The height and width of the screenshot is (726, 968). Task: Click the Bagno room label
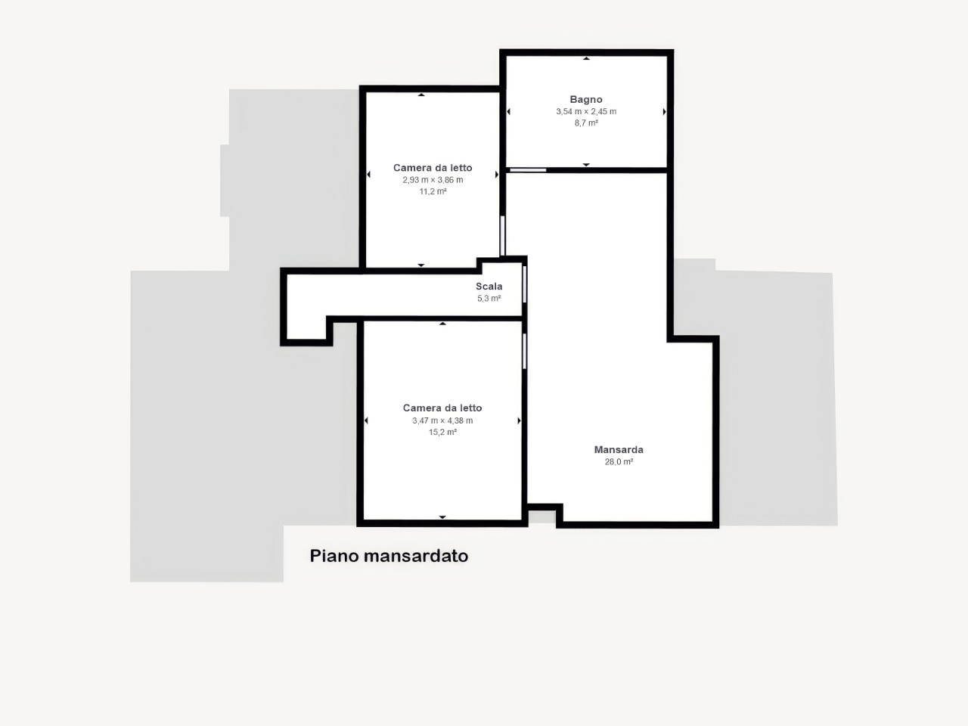585,100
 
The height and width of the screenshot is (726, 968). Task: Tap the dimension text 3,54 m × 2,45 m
586,111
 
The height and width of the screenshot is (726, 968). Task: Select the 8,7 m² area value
586,123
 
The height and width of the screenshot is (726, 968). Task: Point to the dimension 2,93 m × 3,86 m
433,180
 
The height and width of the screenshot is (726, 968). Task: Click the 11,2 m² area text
433,191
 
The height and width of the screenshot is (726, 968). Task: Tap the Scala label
489,287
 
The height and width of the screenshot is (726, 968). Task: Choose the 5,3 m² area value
489,299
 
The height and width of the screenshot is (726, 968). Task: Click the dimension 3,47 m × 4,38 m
442,420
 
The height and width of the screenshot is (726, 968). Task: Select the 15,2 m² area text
442,432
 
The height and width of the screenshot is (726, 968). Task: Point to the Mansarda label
619,450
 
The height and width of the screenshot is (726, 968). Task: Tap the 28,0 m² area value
619,461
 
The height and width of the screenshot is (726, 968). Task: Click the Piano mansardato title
389,556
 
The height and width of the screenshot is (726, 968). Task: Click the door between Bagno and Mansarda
528,170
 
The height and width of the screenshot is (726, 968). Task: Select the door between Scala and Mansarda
524,284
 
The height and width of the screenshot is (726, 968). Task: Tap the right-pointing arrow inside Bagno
664,112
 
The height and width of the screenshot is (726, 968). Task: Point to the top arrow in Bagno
586,59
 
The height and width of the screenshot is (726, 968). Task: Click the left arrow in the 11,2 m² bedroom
369,175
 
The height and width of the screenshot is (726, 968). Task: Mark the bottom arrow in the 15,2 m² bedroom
442,517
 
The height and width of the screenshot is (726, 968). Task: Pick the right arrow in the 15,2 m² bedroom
519,421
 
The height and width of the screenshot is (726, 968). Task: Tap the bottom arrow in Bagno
586,165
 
